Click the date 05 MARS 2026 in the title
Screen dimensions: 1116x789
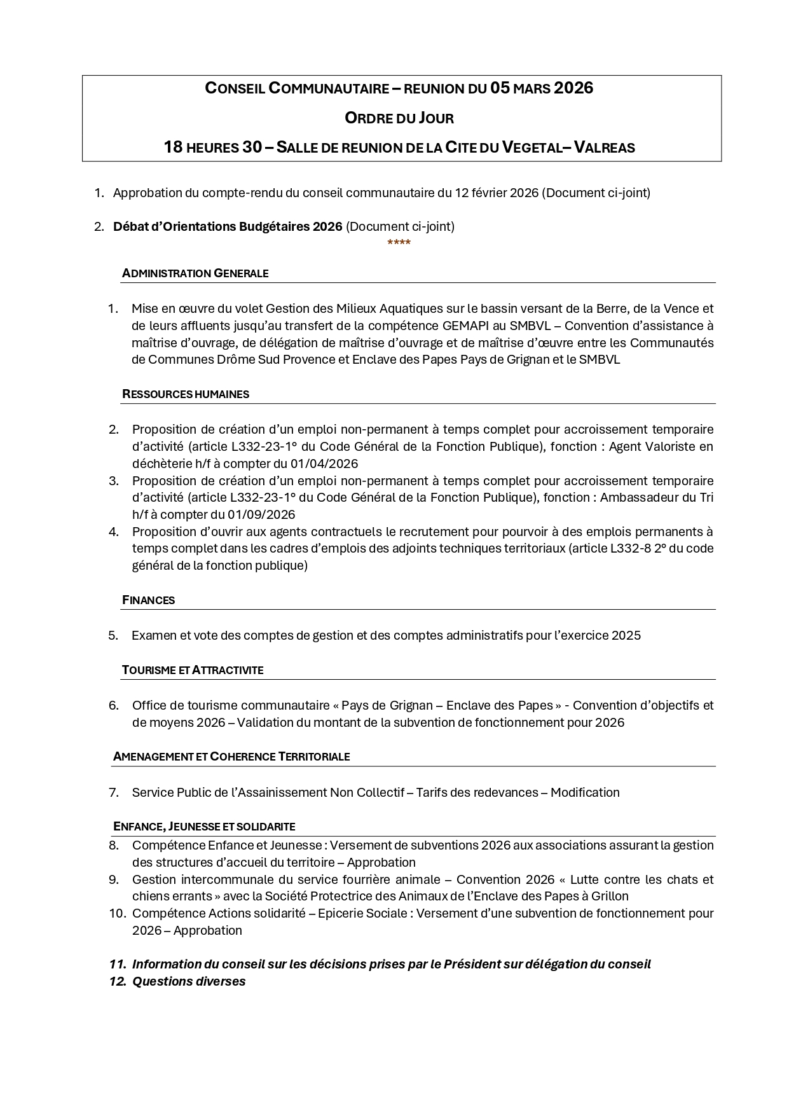point(541,88)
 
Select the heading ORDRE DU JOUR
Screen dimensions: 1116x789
point(399,118)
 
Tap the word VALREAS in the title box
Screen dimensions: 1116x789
point(605,148)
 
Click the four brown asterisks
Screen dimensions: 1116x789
point(399,243)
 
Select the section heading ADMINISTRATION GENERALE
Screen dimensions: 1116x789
point(195,273)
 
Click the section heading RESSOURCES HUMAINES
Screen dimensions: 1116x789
point(186,394)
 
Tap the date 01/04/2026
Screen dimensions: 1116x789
point(324,464)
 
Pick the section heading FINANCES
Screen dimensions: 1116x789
point(149,600)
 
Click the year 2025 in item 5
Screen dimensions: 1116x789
point(626,635)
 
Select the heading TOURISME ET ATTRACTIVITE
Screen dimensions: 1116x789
point(193,670)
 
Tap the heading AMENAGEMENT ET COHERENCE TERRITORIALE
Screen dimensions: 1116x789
point(231,757)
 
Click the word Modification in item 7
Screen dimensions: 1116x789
point(585,792)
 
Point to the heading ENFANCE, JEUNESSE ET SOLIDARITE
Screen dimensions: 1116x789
point(204,827)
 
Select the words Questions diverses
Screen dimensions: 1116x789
point(189,981)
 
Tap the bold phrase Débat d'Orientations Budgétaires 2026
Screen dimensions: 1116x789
point(228,226)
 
